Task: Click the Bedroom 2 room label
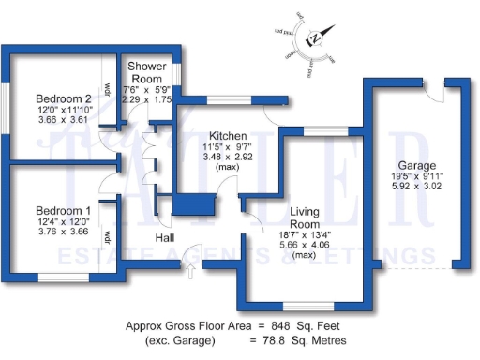click(63, 98)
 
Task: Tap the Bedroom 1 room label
click(63, 210)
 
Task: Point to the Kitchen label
click(228, 135)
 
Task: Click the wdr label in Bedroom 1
click(109, 234)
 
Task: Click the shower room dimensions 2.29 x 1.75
click(147, 98)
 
